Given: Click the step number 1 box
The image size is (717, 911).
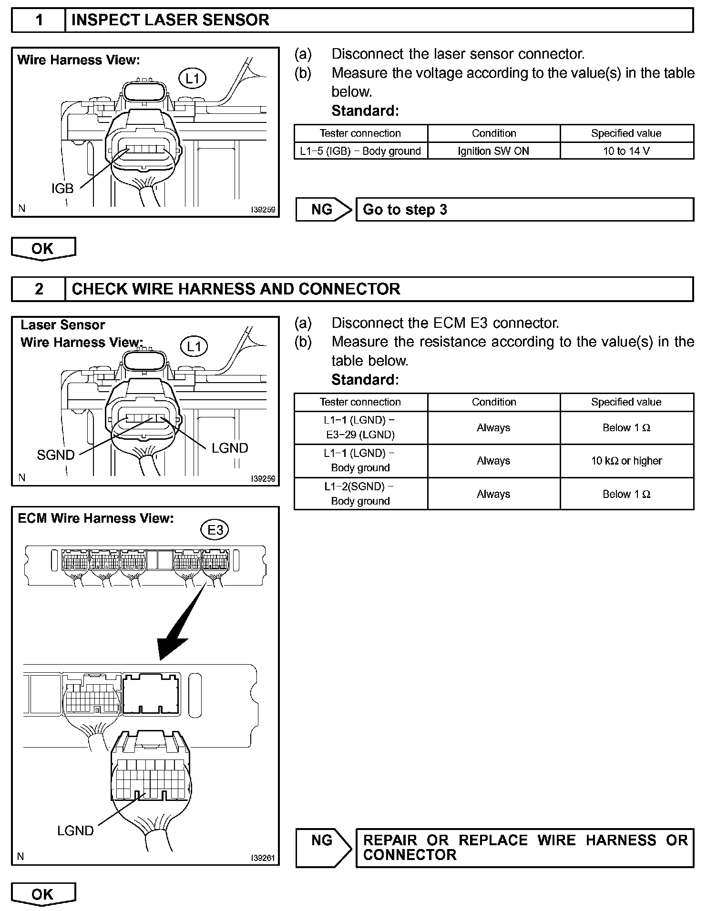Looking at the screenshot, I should [x=39, y=20].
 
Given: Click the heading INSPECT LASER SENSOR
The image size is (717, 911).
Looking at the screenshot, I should [x=170, y=20].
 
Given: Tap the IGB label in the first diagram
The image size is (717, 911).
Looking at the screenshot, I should [x=62, y=189].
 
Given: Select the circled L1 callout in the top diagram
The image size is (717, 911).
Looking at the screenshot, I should [x=192, y=78].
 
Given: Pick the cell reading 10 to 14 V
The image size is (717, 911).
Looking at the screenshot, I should [x=626, y=151].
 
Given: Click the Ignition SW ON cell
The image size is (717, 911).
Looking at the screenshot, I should [x=493, y=151].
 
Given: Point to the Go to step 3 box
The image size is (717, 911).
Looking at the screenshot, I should [x=524, y=210].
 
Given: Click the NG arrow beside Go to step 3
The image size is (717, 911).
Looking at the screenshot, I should [x=323, y=210].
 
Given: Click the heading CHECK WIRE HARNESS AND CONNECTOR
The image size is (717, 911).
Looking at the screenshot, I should [x=236, y=289].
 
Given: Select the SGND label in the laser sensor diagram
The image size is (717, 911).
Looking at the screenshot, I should [x=56, y=455].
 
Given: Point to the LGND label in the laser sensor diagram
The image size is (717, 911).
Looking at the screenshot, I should [x=230, y=448].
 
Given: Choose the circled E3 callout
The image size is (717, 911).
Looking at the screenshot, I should [x=215, y=530].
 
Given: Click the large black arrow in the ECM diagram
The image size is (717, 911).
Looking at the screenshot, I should [x=181, y=624].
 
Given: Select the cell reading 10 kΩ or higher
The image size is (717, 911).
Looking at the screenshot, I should [x=626, y=461].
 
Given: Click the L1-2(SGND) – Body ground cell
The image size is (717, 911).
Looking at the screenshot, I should [x=360, y=494].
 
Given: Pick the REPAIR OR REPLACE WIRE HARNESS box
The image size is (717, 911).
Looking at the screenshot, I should [x=524, y=847].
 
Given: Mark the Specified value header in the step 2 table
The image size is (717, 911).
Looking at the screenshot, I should [x=626, y=402].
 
